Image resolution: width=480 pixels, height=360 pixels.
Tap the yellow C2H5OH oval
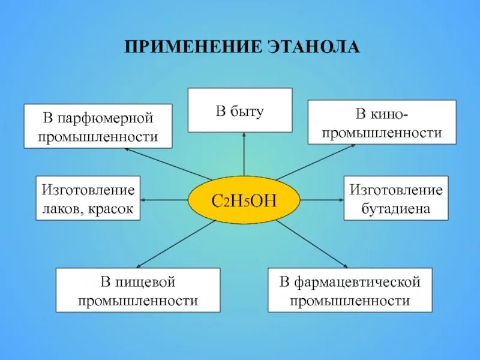pyautogui.click(x=244, y=200)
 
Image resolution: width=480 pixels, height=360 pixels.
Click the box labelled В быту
pyautogui.click(x=240, y=110)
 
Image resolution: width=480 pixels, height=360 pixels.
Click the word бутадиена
pyautogui.click(x=396, y=209)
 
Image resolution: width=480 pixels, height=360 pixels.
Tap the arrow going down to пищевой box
pyautogui.click(x=174, y=244)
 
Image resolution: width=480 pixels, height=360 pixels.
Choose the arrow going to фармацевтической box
pyautogui.click(x=312, y=244)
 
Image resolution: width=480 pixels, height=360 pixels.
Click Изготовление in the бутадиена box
pyautogui.click(x=396, y=191)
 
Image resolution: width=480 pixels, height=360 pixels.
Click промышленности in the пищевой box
pyautogui.click(x=138, y=301)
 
